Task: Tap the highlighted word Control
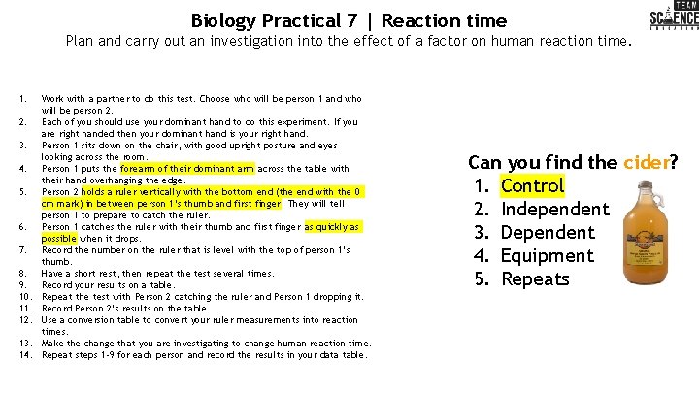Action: tap(532, 185)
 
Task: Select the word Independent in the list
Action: tap(554, 209)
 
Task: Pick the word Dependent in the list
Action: tap(548, 232)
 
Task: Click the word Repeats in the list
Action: tap(535, 278)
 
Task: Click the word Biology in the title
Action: tap(224, 19)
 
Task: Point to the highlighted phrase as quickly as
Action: tap(332, 226)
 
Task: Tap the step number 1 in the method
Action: tap(21, 99)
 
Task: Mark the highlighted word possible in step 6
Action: tap(58, 238)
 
